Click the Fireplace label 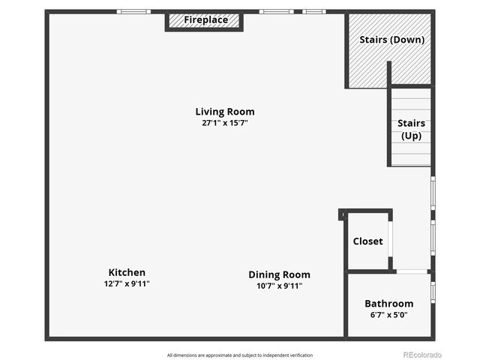click(205, 20)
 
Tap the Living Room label click(224, 112)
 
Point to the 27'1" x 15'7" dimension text click(224, 123)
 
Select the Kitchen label click(127, 272)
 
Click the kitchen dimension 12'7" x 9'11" click(127, 283)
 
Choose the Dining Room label click(279, 274)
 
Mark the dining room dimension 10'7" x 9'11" click(279, 286)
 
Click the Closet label click(367, 241)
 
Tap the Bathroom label click(388, 304)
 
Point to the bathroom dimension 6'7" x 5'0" click(388, 315)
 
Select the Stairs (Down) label click(391, 40)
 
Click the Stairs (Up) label click(411, 129)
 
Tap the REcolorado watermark click(422, 355)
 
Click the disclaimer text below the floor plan click(239, 355)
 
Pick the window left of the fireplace click(133, 11)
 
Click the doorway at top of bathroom click(412, 271)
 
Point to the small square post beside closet click(341, 214)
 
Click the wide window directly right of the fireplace click(276, 11)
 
